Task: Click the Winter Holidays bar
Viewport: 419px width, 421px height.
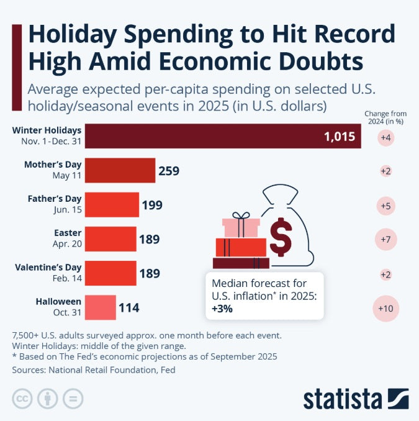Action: [223, 136]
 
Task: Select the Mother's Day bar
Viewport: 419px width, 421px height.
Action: [120, 170]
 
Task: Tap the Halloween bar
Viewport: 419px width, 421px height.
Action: [100, 307]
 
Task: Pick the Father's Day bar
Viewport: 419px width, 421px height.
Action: [112, 204]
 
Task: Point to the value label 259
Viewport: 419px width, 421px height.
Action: [169, 171]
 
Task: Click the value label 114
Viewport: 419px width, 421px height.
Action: [129, 307]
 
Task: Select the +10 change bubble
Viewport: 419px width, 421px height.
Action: [385, 307]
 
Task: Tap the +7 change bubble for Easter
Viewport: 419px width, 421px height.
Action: [385, 239]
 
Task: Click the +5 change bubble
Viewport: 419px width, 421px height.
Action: [385, 205]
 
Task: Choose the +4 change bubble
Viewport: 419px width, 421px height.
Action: [385, 137]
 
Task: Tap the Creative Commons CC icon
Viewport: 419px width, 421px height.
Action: [22, 398]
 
